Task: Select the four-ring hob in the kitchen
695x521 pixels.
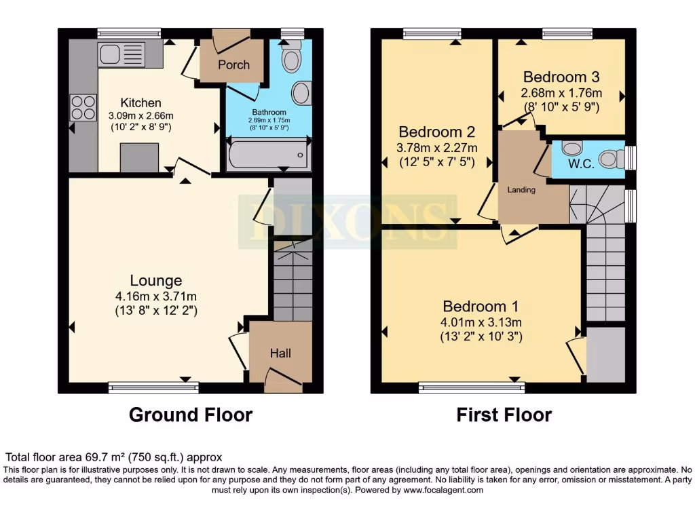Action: (83, 107)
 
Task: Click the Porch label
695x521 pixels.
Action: (233, 65)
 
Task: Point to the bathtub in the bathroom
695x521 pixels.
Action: (269, 155)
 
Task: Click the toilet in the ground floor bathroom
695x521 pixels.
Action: (292, 60)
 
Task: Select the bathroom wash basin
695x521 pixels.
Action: (301, 93)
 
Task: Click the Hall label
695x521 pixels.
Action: (280, 353)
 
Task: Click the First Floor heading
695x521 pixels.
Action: (504, 414)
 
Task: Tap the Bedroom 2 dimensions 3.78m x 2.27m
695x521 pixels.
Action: (437, 148)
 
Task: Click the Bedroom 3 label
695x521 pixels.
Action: (561, 77)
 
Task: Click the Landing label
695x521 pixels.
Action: (521, 190)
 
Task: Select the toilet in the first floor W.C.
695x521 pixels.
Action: (611, 158)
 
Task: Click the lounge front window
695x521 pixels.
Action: (153, 387)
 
